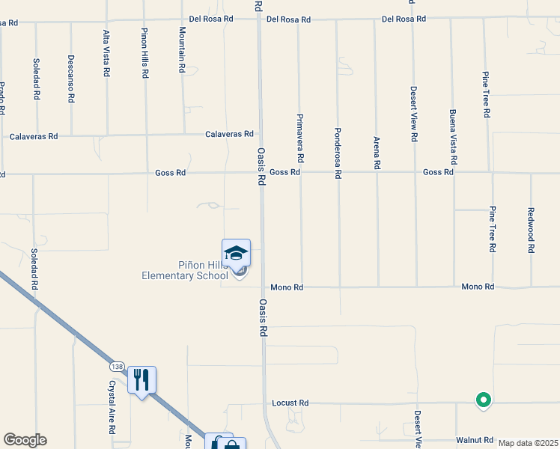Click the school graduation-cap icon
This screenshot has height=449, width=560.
(236, 253)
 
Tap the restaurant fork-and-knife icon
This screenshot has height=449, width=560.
(141, 379)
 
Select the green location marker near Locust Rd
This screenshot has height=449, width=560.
(484, 400)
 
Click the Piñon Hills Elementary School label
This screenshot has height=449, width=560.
(185, 270)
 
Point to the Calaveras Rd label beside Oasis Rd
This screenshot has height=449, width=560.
(230, 134)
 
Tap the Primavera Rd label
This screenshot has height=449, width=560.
(299, 139)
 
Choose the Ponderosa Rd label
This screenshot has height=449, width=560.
(338, 152)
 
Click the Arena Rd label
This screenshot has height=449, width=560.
(377, 152)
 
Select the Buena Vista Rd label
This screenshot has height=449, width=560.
(452, 138)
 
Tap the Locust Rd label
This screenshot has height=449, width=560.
(290, 403)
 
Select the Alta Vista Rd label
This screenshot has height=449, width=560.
(106, 53)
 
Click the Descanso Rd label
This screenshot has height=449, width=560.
(70, 78)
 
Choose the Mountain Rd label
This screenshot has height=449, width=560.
(182, 49)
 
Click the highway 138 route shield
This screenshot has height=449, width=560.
(116, 367)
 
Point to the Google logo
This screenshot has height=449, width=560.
(25, 440)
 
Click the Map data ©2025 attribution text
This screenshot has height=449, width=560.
(528, 443)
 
